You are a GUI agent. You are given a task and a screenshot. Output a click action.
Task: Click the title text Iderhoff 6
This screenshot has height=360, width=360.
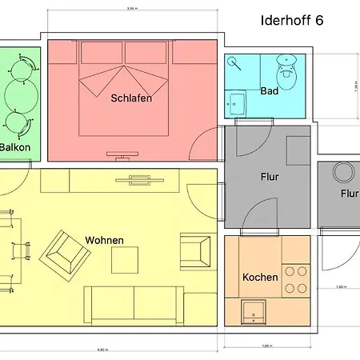coord(292,21)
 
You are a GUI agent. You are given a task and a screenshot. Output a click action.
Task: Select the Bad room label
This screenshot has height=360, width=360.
coord(270,91)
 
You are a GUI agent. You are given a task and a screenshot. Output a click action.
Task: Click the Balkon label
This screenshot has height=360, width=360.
coord(15,147)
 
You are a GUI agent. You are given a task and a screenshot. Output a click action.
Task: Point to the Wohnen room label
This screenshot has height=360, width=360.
coord(104,240)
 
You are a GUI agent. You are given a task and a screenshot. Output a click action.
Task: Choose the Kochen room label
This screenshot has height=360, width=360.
coord(260,278)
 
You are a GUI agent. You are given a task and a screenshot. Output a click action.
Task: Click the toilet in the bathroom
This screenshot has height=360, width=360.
coord(286,64)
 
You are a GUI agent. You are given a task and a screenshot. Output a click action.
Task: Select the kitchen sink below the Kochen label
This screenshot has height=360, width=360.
coord(254,310)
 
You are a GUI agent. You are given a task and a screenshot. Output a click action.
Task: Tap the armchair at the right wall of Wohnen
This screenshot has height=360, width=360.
coord(196,250)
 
